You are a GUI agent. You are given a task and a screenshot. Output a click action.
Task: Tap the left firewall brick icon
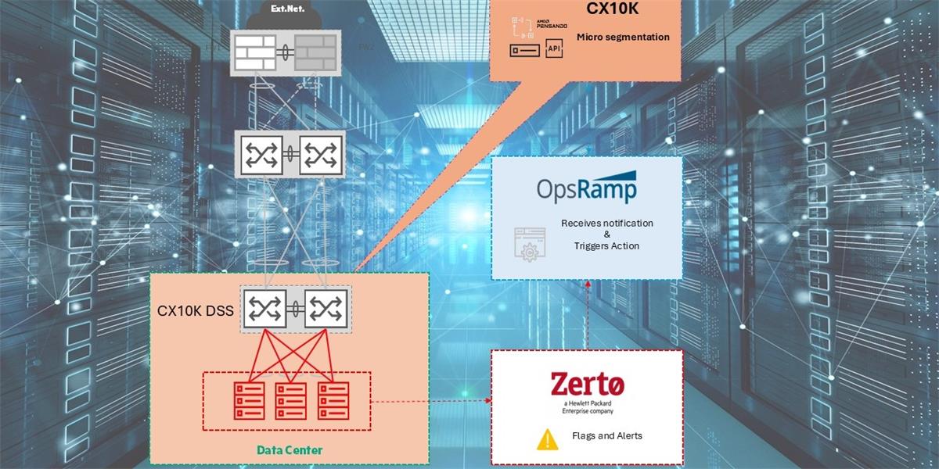[256, 53]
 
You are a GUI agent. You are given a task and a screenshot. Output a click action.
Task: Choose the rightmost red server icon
[332, 399]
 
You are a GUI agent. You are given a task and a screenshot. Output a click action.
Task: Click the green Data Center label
[290, 450]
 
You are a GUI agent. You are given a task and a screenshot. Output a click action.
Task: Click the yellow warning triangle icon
[547, 439]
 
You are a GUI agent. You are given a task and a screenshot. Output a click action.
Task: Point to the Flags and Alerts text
[608, 435]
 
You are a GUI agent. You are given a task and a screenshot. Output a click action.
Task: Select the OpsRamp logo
[586, 188]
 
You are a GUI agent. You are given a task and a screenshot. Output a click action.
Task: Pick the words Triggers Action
[606, 245]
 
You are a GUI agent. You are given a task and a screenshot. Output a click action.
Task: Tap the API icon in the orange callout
[554, 49]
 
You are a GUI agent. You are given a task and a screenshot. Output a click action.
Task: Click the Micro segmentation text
[623, 37]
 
